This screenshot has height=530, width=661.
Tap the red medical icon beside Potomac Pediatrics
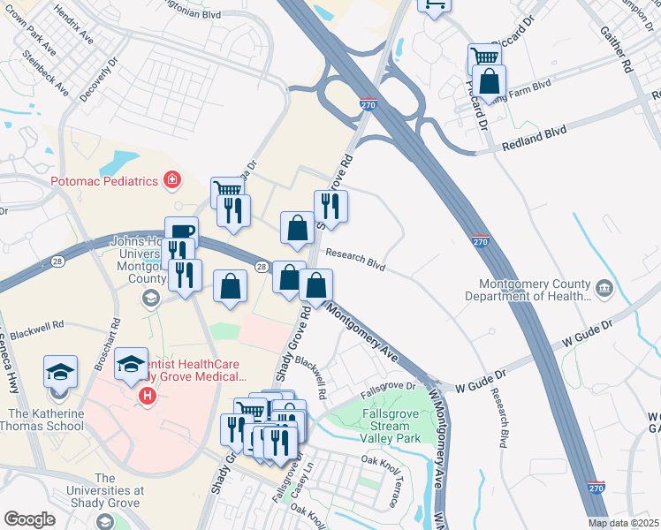click(x=172, y=180)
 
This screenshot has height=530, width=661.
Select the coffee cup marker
click(x=181, y=232)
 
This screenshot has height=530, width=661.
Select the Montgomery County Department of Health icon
click(x=604, y=288)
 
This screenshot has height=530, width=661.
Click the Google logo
click(x=29, y=519)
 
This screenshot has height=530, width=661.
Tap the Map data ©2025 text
click(x=623, y=523)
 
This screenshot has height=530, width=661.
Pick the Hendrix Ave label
click(x=72, y=26)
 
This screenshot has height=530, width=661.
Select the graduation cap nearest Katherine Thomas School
click(x=60, y=372)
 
